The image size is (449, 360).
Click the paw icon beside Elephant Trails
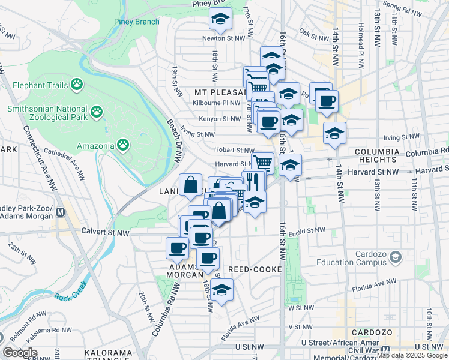[76, 85]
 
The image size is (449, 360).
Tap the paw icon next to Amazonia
[123, 145]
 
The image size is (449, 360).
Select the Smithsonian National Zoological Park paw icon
[96, 111]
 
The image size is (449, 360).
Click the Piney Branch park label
[137, 22]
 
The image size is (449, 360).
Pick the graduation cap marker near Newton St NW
[220, 20]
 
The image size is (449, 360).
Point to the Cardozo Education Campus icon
[395, 257]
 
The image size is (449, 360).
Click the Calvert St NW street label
[106, 233]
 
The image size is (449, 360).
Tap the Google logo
[19, 353]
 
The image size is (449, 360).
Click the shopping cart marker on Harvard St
[262, 162]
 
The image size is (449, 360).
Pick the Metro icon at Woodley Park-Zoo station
[61, 211]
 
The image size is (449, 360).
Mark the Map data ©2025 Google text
[411, 355]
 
